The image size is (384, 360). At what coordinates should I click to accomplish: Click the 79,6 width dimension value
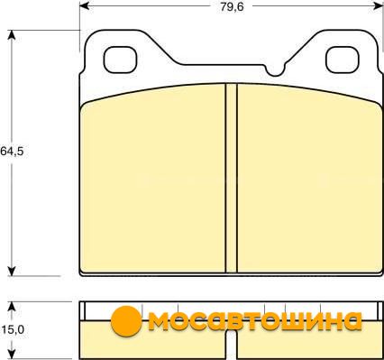[232, 6]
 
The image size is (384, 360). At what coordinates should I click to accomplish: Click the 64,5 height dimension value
[12, 152]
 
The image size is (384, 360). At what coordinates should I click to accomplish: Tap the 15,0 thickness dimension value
[13, 329]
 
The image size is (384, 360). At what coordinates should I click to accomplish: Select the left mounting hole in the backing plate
[120, 60]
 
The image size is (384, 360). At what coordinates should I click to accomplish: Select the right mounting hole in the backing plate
[343, 60]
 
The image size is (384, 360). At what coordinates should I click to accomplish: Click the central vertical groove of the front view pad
[232, 178]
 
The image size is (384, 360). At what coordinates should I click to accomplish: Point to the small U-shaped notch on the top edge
[274, 70]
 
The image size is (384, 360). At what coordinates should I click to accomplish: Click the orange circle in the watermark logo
[126, 321]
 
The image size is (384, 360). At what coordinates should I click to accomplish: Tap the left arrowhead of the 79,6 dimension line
[85, 5]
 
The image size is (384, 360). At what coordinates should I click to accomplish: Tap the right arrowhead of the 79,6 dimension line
[378, 5]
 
